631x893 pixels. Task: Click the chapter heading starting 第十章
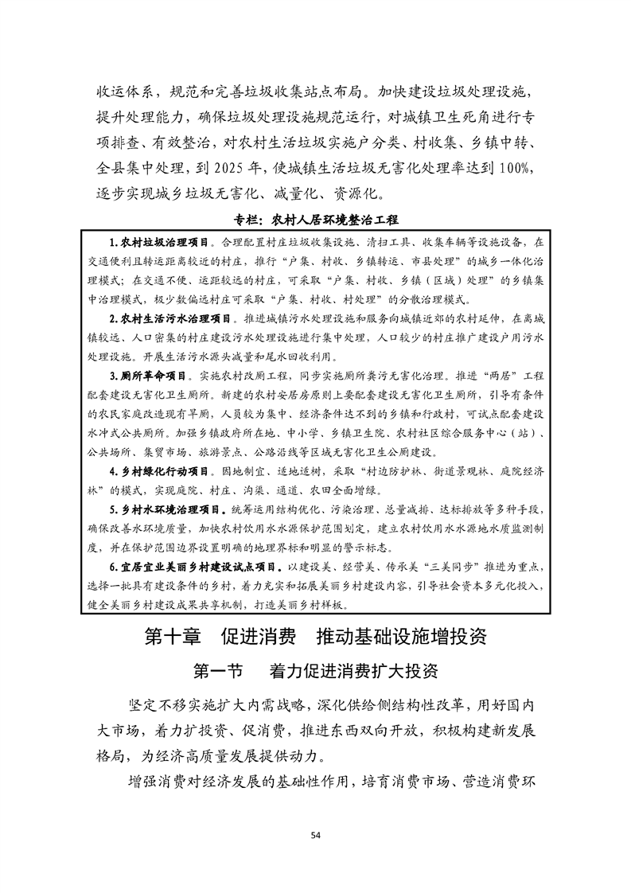click(x=315, y=637)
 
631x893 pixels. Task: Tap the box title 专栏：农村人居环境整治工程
click(x=315, y=218)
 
